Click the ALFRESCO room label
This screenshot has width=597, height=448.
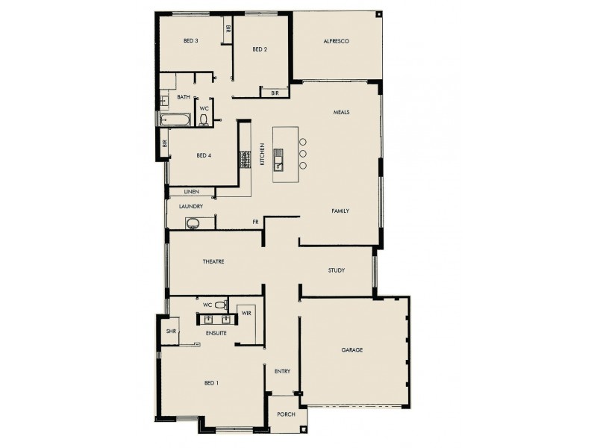point(337,41)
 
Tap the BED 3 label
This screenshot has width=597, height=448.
point(190,41)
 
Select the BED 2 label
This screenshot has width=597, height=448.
point(260,50)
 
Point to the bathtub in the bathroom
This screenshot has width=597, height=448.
point(175,119)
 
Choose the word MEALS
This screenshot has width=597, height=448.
point(341,113)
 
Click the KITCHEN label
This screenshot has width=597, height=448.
point(262,155)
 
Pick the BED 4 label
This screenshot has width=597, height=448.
point(204,156)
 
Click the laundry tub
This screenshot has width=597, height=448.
point(193,222)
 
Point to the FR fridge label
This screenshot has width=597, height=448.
point(255,222)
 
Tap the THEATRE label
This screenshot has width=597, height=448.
point(213,261)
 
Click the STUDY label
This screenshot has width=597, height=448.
point(336,270)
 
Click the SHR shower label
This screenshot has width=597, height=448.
point(171,331)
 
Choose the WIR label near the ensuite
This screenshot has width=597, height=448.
point(246,314)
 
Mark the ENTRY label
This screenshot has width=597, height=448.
point(281,371)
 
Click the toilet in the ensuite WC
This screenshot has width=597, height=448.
point(230,305)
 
